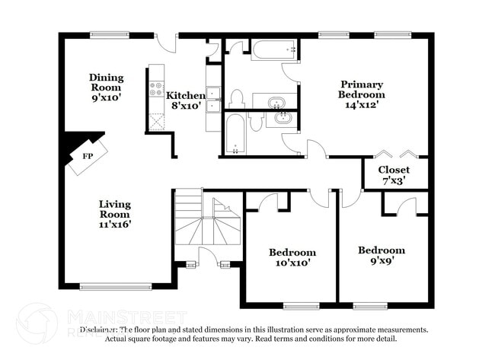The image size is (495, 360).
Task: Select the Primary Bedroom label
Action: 362,89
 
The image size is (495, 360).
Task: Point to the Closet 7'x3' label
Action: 394,174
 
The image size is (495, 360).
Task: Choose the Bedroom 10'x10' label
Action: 292,257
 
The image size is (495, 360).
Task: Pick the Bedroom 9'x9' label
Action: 382,255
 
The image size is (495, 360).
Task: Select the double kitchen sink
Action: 213,94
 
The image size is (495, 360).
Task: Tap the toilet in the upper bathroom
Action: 236,98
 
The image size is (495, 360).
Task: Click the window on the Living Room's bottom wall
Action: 116,286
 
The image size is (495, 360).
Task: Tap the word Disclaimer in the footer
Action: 99,330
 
